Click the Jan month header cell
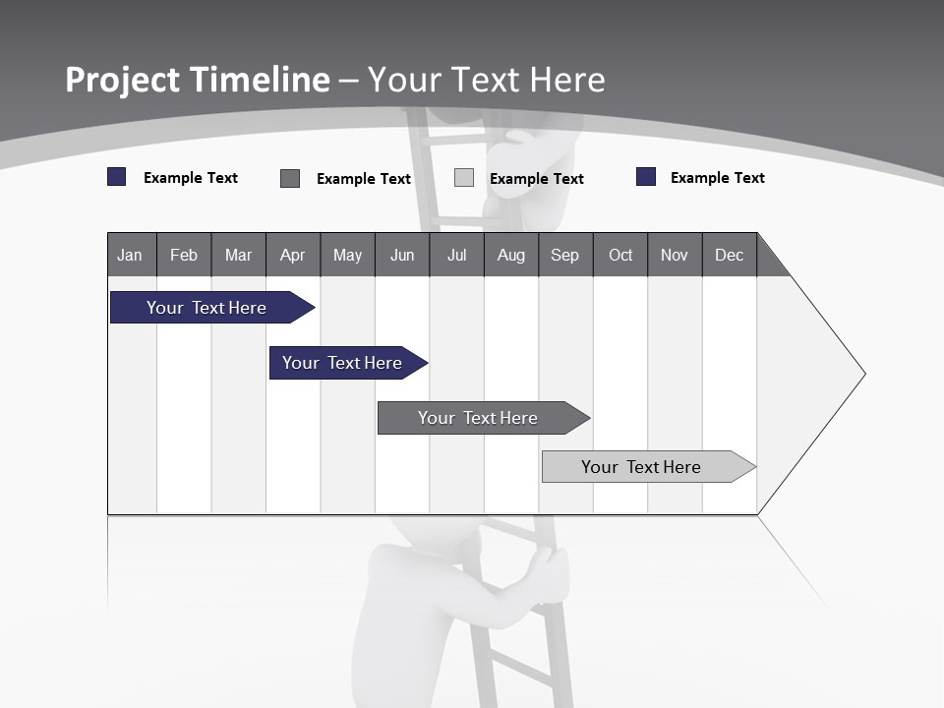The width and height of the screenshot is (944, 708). click(x=131, y=255)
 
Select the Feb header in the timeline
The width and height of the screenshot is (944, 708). click(x=184, y=255)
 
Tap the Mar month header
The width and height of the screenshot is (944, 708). click(x=238, y=255)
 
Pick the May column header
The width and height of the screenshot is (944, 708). click(x=347, y=255)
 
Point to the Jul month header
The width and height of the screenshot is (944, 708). click(x=456, y=255)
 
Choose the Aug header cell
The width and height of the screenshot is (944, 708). click(x=510, y=255)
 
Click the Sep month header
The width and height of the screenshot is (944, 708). click(x=564, y=255)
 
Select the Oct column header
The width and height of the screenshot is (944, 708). click(x=620, y=255)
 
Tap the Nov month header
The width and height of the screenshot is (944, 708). click(x=675, y=255)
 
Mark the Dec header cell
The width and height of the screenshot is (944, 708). click(x=729, y=255)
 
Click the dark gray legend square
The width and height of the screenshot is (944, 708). click(x=290, y=178)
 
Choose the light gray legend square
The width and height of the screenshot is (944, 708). click(x=464, y=178)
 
